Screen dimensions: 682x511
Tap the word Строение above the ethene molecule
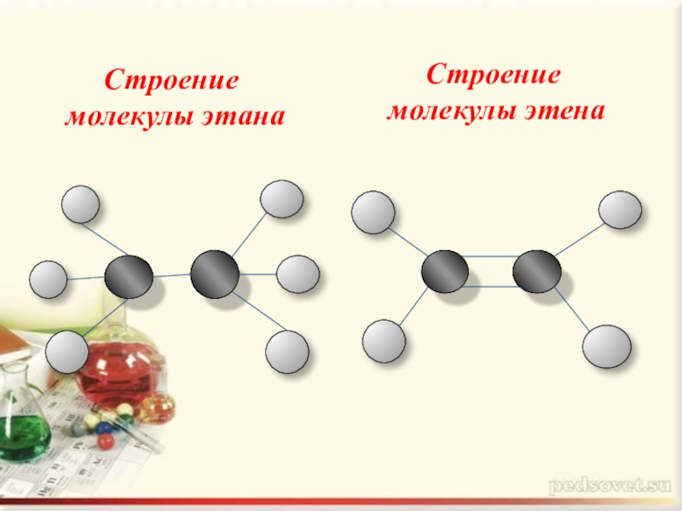pyautogui.click(x=494, y=74)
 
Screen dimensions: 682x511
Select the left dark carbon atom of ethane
pyautogui.click(x=129, y=276)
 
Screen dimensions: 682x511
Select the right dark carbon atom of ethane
pyautogui.click(x=215, y=273)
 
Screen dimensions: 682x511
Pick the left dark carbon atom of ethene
pyautogui.click(x=445, y=273)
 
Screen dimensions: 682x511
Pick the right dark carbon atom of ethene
pyautogui.click(x=537, y=272)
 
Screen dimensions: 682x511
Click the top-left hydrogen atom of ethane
pyautogui.click(x=81, y=204)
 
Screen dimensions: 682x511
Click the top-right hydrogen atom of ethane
pyautogui.click(x=281, y=199)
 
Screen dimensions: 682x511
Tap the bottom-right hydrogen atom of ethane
pyautogui.click(x=286, y=351)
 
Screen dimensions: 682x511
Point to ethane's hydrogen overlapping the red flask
pyautogui.click(x=66, y=352)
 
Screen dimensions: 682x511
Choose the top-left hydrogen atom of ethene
pyautogui.click(x=373, y=213)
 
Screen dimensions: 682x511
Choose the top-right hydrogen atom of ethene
pyautogui.click(x=621, y=210)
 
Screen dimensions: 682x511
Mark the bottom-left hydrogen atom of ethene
pyautogui.click(x=384, y=341)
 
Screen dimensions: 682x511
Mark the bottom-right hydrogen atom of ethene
pyautogui.click(x=607, y=346)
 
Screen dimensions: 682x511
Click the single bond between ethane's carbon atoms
pyautogui.click(x=171, y=275)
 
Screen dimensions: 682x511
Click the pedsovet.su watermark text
pyautogui.click(x=610, y=487)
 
